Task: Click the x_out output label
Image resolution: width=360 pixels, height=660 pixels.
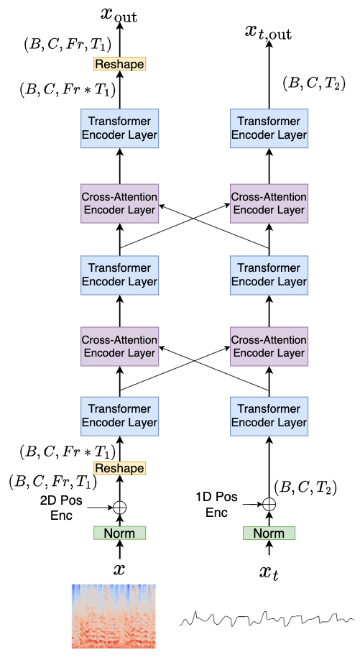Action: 119,13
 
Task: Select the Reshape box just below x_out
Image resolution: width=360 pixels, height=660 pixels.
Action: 119,64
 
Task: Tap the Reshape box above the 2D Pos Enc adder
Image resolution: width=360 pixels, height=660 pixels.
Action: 119,468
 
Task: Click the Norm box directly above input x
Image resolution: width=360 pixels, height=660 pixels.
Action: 119,533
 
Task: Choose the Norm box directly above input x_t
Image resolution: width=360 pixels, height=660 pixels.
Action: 268,533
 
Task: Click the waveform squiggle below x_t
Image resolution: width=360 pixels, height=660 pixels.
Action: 265,617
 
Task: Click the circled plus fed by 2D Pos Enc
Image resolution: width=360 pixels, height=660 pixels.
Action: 119,507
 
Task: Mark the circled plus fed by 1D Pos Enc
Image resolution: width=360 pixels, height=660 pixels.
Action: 268,504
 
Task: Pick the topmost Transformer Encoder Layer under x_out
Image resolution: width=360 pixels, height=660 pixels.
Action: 119,129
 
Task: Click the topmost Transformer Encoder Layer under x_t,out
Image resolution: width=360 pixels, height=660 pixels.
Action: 268,129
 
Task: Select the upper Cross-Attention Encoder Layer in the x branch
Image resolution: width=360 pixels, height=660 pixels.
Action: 119,203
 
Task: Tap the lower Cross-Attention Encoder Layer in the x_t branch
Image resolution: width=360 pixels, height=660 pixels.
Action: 268,346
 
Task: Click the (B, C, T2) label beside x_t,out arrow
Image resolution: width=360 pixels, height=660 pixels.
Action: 314,84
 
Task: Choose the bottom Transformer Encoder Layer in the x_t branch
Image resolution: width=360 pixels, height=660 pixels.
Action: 268,416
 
